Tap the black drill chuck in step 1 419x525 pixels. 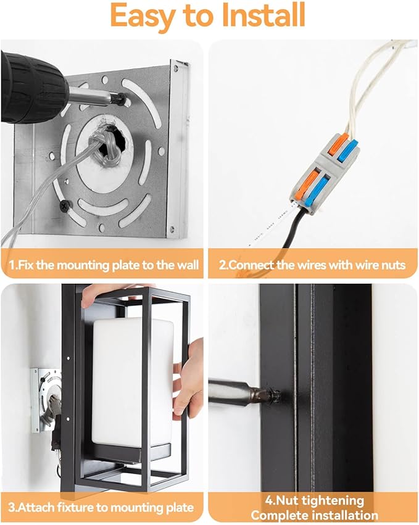[x=32, y=88]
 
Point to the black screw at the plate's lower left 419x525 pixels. [x=65, y=205]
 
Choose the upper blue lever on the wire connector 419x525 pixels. [x=347, y=151]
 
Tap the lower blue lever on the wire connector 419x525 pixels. [x=316, y=191]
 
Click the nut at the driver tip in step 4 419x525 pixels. [x=273, y=395]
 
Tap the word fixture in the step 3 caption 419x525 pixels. [x=75, y=507]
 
